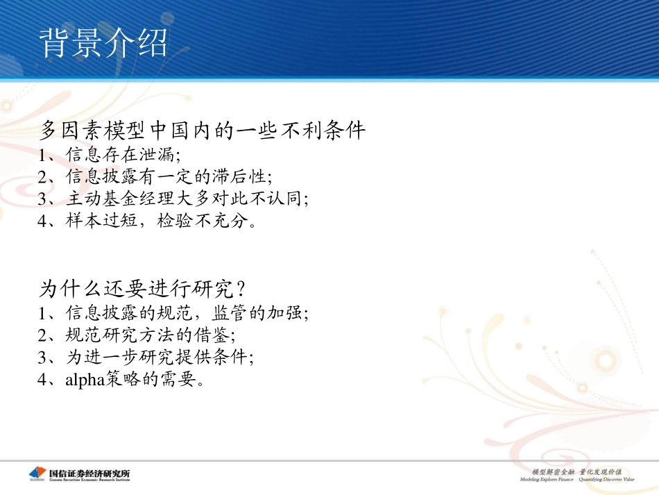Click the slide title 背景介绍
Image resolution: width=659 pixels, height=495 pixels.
click(104, 43)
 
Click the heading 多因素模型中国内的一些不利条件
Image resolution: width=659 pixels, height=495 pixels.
click(203, 131)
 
